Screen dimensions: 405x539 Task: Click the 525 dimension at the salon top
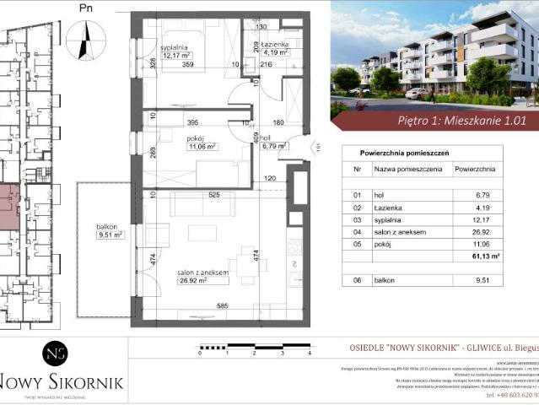point(214,196)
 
